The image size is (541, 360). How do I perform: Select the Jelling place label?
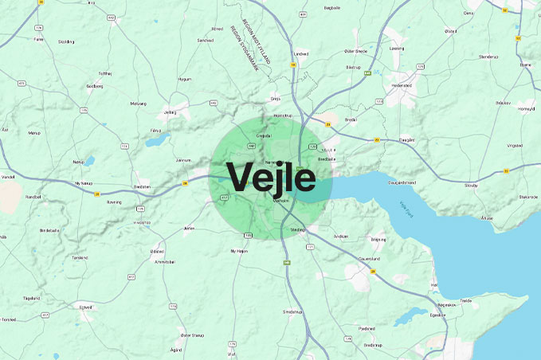point(169,112)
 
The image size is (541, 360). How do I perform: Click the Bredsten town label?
point(143,187)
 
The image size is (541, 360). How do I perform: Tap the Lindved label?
point(300,54)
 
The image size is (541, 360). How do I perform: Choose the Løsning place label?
point(396,48)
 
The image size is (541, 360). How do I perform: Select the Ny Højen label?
point(239,251)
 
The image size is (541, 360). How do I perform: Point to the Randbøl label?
point(33,196)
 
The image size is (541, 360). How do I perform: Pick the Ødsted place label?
point(157,251)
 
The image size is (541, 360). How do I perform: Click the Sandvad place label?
point(206,40)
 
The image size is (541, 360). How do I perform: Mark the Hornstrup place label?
point(283,115)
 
